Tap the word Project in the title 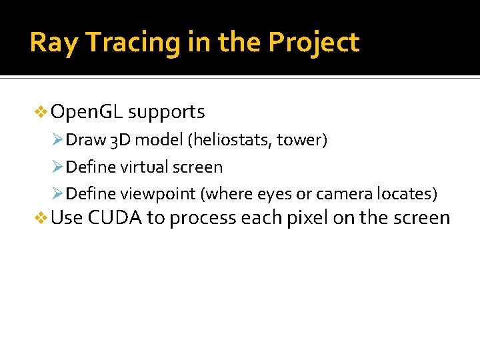point(313,43)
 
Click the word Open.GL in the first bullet point(86,111)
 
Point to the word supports point(166,112)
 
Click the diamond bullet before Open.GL point(41,112)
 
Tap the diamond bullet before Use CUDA point(41,218)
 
